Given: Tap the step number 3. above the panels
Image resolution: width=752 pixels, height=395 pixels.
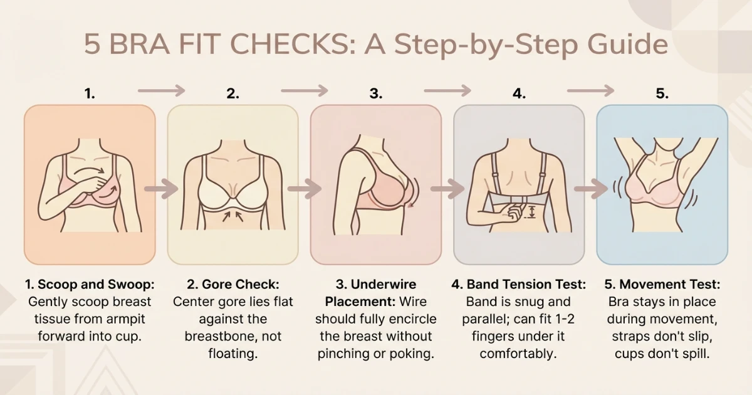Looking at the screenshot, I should point(375,94).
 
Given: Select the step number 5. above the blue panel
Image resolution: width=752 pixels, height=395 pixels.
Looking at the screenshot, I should point(662,94).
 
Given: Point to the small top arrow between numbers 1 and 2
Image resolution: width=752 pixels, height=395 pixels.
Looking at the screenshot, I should point(161,90).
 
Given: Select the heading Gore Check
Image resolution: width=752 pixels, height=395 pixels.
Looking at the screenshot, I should point(239,285).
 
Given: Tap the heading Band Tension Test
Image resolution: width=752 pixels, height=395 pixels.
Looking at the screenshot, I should point(525,285).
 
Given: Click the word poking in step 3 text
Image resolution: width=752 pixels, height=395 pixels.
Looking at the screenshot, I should point(413,354).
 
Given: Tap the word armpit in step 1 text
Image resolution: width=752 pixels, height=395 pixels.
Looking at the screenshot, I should point(135,319).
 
